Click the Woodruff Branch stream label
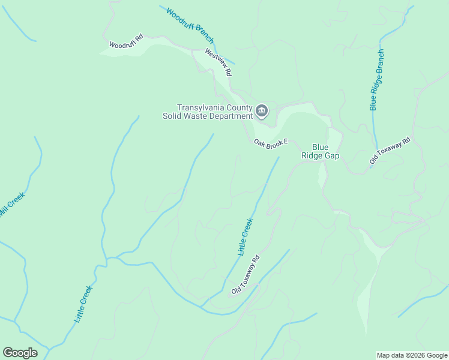coord(190,26)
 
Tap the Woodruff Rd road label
coord(126,41)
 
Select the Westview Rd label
coord(218,62)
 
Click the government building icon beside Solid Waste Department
coord(262,110)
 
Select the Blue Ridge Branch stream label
coord(376,79)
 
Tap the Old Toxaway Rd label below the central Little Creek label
coord(246,275)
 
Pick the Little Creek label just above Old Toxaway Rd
coord(246,237)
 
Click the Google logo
coord(20,353)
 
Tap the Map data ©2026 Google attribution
coord(411,355)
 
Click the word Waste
coord(193,116)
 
